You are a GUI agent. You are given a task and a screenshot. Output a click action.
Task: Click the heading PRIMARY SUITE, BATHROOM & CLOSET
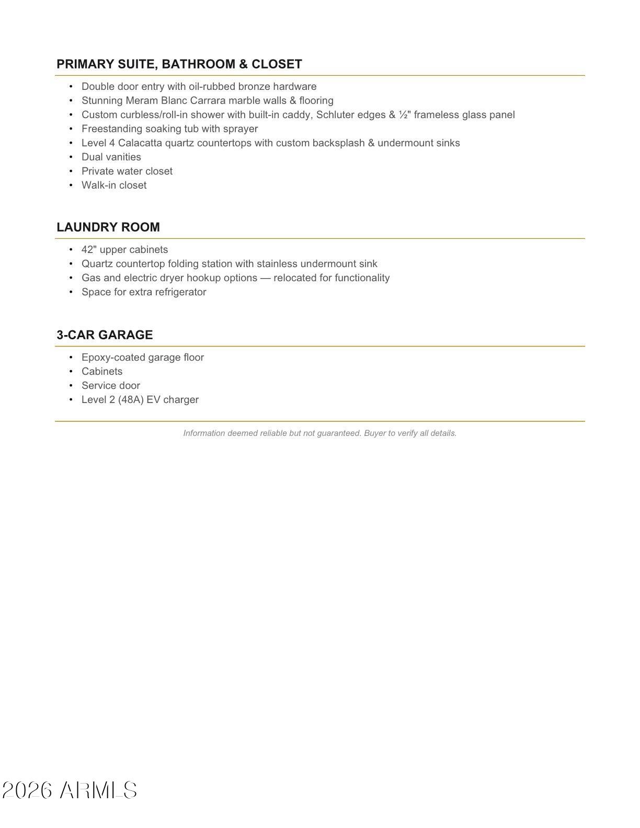click(x=179, y=64)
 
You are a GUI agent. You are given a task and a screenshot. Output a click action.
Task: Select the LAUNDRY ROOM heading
click(x=108, y=227)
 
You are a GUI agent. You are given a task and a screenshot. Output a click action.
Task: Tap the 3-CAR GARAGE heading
click(x=105, y=335)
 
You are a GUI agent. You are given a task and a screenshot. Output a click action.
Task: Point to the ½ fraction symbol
click(x=403, y=115)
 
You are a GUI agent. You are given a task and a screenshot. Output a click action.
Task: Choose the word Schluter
click(x=335, y=115)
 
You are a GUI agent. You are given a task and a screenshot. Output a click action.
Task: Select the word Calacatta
click(x=140, y=143)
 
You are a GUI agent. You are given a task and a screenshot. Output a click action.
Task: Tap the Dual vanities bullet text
click(x=111, y=157)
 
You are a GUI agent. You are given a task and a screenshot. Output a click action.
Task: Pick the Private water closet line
click(x=127, y=171)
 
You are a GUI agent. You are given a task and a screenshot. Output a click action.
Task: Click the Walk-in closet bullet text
click(x=114, y=186)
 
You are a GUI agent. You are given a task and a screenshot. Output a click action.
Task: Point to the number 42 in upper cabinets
click(x=87, y=250)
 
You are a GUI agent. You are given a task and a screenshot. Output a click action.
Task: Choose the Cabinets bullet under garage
click(x=102, y=372)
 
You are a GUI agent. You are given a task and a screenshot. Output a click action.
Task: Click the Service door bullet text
click(x=111, y=386)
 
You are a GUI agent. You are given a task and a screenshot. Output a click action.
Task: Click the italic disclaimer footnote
click(x=320, y=433)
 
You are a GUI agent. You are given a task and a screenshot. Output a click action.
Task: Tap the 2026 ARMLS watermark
click(x=70, y=790)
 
